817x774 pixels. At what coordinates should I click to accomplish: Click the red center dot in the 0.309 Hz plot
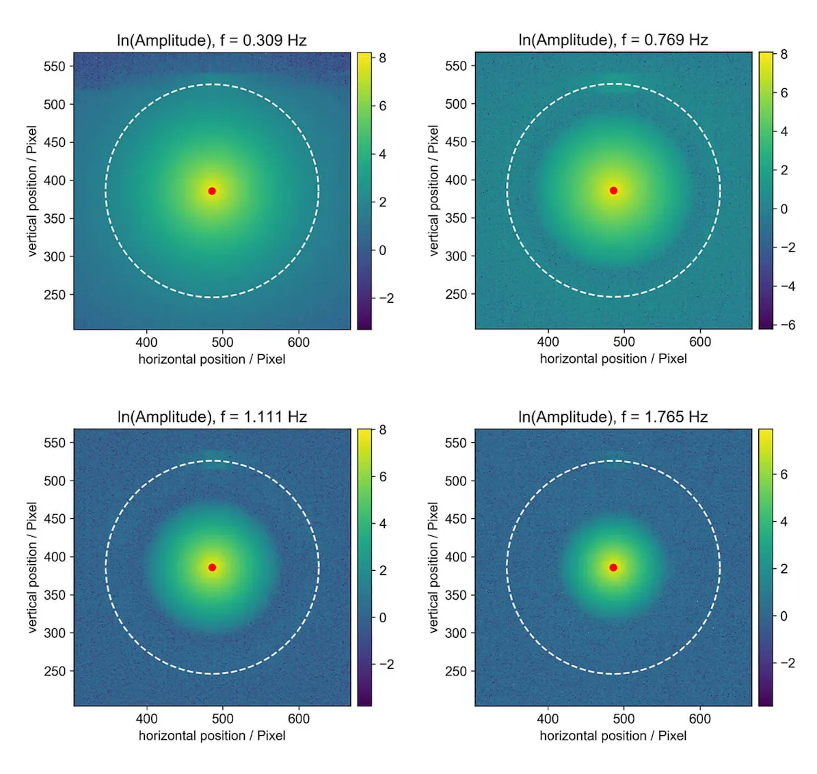point(212,191)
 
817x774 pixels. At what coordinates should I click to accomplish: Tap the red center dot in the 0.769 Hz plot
point(613,190)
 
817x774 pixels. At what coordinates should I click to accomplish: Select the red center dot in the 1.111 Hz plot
point(212,568)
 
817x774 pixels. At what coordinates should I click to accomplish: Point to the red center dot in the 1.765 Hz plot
point(613,568)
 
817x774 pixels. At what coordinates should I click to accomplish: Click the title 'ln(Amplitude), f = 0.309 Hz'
point(211,40)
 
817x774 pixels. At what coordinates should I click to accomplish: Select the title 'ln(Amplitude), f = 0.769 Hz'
point(613,40)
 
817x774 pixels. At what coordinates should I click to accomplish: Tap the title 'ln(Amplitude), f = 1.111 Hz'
point(211,417)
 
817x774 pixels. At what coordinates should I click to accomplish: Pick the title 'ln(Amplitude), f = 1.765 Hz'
point(613,417)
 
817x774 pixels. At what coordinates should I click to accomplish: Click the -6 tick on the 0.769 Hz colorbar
point(788,325)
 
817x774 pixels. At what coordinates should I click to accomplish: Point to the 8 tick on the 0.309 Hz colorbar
point(382,58)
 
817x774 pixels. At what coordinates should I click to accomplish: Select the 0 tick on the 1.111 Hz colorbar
point(382,617)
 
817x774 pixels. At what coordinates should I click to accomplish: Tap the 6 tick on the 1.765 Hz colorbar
point(783,475)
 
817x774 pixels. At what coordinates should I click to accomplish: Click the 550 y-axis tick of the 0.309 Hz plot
point(54,66)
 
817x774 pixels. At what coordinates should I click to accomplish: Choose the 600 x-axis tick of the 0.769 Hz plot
point(699,341)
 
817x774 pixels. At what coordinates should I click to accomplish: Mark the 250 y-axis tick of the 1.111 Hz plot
point(54,671)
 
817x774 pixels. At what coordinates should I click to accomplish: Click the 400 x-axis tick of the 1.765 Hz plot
point(548,719)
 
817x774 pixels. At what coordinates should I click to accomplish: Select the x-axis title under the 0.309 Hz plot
point(211,360)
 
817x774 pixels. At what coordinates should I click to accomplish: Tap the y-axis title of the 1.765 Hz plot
point(433,568)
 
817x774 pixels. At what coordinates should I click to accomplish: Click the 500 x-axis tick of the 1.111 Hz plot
point(222,719)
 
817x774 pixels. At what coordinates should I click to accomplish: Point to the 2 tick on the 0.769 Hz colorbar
point(783,170)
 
